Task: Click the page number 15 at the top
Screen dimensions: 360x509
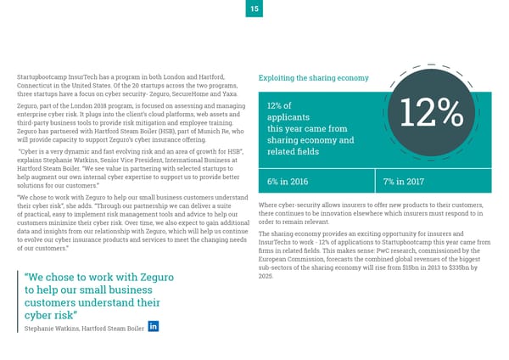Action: point(254,8)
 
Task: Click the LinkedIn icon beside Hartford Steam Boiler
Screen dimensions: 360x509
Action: point(154,327)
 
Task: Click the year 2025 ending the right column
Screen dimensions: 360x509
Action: point(265,277)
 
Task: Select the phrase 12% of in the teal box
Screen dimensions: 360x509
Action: point(281,104)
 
